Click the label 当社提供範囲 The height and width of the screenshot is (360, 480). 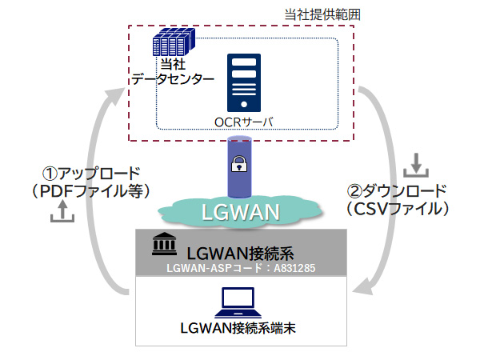click(x=318, y=14)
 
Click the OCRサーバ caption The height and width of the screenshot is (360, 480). click(x=244, y=120)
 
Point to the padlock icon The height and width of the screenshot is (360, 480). click(x=238, y=166)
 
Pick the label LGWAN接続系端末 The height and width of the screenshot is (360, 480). click(x=241, y=326)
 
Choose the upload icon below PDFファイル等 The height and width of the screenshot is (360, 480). click(x=62, y=212)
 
